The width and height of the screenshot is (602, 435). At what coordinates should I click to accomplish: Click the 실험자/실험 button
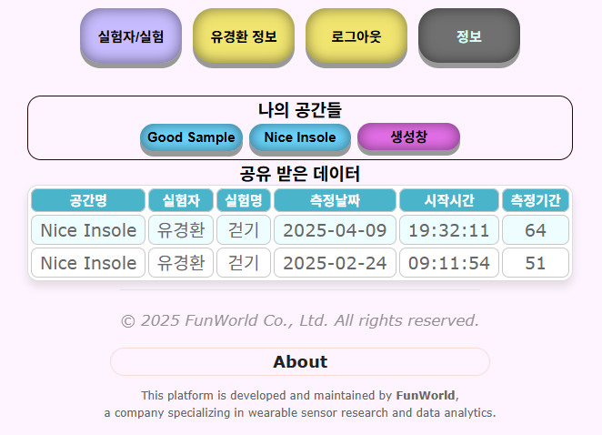(131, 36)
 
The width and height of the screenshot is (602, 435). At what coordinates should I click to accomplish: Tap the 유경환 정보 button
(244, 36)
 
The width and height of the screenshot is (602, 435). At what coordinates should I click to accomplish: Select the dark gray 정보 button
(468, 36)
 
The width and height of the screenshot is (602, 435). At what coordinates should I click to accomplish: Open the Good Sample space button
(191, 137)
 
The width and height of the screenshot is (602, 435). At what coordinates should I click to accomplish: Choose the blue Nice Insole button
(300, 137)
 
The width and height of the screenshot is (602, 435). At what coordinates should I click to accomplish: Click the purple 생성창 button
(408, 137)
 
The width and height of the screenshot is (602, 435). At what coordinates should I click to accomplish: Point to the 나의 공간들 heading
(300, 110)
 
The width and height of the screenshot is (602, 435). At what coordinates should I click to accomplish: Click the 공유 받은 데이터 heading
(300, 174)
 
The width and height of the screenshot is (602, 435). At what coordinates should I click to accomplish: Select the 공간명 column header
(88, 200)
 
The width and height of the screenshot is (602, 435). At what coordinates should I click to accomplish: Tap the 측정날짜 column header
(335, 200)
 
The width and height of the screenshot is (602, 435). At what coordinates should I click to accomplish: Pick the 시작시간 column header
(449, 200)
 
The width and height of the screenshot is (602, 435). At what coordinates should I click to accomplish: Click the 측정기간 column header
(536, 200)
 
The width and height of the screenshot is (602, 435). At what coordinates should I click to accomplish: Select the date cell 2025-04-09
(335, 230)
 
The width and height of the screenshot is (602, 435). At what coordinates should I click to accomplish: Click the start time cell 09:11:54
(449, 263)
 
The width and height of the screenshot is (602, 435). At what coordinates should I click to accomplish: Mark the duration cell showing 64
(536, 230)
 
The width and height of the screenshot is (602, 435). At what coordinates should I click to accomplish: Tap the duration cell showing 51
(536, 263)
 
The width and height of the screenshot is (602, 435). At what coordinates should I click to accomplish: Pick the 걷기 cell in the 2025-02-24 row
(244, 263)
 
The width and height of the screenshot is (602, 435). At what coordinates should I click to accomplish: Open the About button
(300, 361)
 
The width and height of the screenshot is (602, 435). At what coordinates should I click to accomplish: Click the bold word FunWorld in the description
(426, 396)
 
